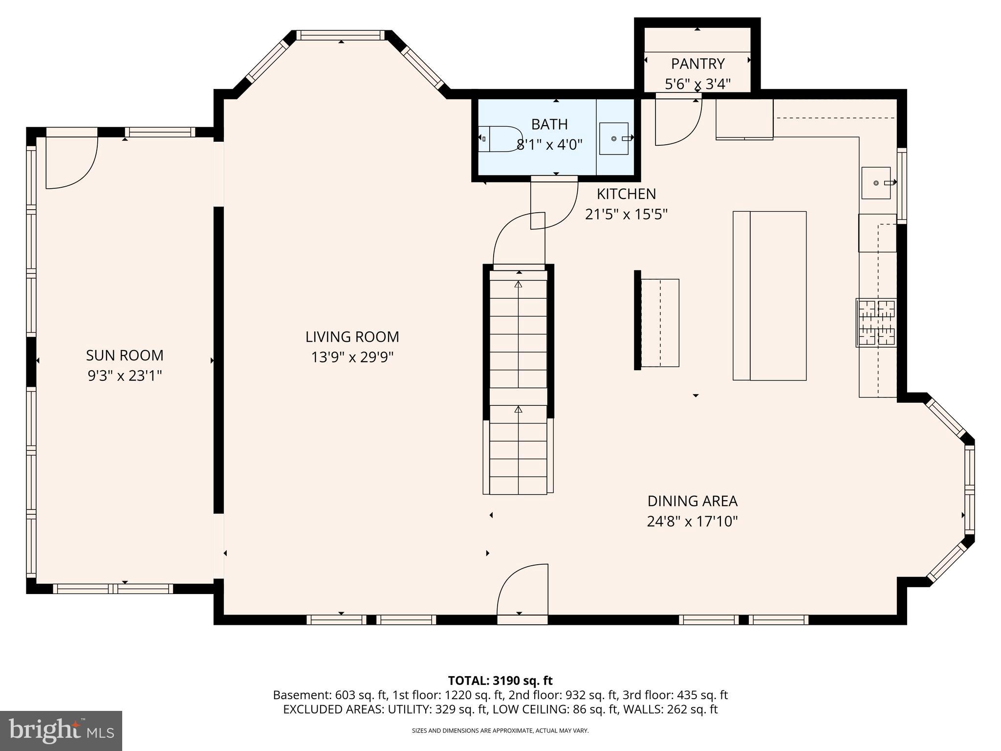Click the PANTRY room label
click(697, 64)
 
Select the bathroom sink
click(614, 138)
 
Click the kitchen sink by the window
click(876, 182)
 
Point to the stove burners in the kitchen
click(876, 323)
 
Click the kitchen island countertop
click(769, 295)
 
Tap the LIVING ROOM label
click(352, 337)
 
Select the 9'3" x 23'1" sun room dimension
click(125, 375)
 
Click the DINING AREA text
click(692, 501)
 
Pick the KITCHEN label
click(626, 194)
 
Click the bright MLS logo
click(61, 730)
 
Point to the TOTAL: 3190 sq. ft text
click(500, 681)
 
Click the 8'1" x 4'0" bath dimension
click(549, 145)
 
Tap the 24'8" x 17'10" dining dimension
click(692, 522)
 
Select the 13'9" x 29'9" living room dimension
click(352, 357)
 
